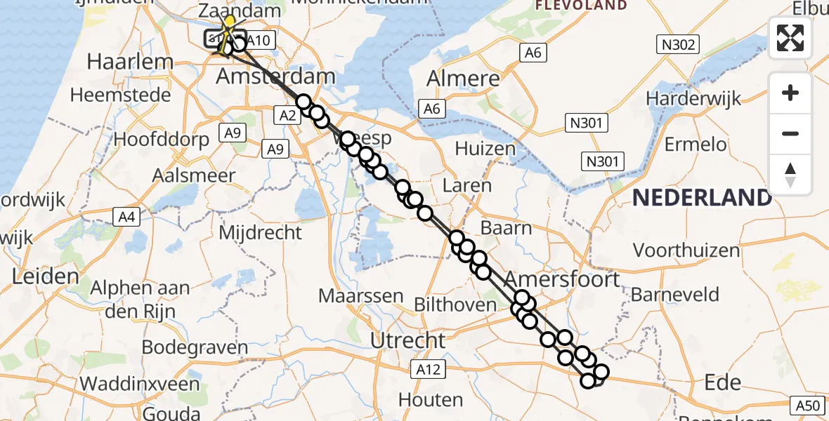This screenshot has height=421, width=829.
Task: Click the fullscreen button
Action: point(790,38)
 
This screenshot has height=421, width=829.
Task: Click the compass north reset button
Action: point(790,175)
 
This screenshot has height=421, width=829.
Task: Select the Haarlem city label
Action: point(129,62)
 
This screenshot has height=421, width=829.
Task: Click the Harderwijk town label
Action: point(693,98)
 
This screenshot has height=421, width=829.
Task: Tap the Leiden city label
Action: point(45,276)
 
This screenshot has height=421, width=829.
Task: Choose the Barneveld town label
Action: point(675,294)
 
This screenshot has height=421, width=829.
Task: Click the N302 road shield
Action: point(679,46)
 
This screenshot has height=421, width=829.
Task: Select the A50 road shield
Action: point(807,405)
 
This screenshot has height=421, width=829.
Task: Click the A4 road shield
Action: point(126,218)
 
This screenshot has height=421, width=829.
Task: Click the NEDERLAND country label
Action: point(702,198)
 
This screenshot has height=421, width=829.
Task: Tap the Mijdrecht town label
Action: point(261,232)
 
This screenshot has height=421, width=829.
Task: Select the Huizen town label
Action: point(485,149)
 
